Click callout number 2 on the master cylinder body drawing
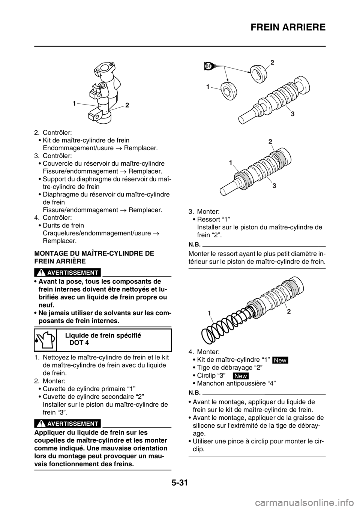[x=127, y=106]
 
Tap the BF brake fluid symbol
[x=209, y=66]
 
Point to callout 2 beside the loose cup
[x=272, y=63]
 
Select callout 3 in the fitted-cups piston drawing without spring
[x=274, y=186]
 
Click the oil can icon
[x=45, y=340]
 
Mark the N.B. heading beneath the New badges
[x=194, y=393]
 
